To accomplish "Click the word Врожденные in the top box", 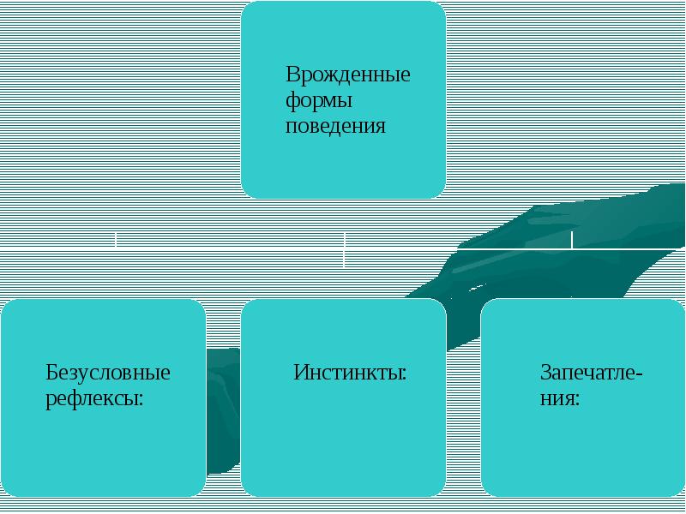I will [347, 74].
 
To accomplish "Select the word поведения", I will [335, 127].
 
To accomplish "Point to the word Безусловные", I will [107, 373].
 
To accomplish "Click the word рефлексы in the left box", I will [90, 399].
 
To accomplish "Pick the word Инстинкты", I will [346, 373].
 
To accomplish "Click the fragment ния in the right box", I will [556, 399].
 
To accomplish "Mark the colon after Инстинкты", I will [403, 375].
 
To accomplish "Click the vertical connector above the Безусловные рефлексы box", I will [116, 239].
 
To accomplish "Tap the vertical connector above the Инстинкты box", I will [344, 248].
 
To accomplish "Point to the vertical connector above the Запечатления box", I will [572, 239].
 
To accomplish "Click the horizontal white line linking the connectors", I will [232, 248].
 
